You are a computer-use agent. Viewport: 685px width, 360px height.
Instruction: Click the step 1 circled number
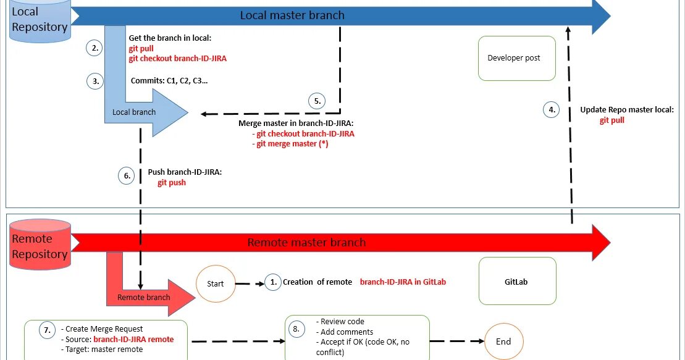[x=273, y=282]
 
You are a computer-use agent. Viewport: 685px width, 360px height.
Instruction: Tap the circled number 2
[x=94, y=48]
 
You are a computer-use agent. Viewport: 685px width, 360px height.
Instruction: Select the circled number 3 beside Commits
[x=95, y=81]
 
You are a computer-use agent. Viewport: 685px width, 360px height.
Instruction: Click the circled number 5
[x=317, y=101]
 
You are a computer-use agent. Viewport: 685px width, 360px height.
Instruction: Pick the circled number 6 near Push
[x=126, y=175]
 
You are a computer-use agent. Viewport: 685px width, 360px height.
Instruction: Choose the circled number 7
[x=47, y=330]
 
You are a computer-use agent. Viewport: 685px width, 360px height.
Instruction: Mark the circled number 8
[x=296, y=329]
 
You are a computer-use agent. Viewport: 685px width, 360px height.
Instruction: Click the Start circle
[x=216, y=284]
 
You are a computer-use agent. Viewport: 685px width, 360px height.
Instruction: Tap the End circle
[x=503, y=341]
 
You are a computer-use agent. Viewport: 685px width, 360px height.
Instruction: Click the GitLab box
[x=517, y=281]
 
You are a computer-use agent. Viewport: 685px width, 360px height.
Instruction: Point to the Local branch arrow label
[x=134, y=112]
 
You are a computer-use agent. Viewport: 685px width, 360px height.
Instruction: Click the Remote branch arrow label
[x=143, y=297]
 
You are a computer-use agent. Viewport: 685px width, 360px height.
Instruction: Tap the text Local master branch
[x=292, y=15]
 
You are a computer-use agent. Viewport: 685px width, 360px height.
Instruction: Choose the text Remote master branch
[x=306, y=242]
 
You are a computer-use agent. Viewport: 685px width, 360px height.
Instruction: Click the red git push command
[x=172, y=183]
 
